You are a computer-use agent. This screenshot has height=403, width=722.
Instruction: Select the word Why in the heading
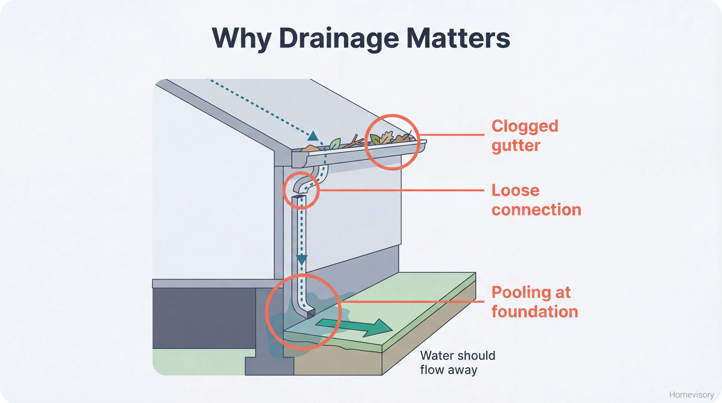241,38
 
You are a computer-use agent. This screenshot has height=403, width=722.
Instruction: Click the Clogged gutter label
525,136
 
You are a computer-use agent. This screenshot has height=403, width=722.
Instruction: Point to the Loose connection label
536,200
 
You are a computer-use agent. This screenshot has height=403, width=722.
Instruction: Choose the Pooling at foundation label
534,302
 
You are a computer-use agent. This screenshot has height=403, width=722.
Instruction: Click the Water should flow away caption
457,363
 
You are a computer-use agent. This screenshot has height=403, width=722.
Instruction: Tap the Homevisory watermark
691,395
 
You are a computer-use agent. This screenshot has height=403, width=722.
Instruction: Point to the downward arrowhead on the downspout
301,259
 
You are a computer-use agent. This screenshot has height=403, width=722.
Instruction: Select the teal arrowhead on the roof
313,136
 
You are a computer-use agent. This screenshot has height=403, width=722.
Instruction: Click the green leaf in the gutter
335,144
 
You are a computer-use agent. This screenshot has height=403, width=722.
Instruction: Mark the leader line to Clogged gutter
451,135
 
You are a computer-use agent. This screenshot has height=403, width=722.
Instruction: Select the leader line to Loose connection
401,190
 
